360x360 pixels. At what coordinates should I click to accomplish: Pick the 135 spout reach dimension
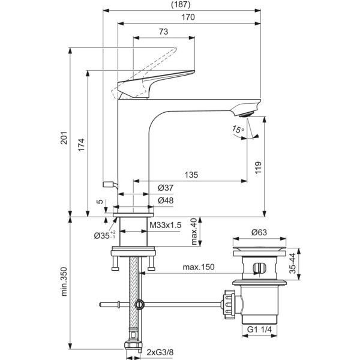coord(191,175)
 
